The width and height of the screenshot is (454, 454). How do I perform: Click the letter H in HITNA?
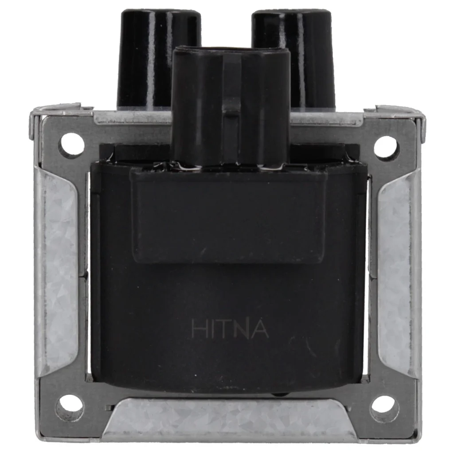pos(199,329)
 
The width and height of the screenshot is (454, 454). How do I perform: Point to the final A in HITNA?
pos(260,329)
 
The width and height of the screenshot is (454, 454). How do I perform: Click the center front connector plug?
pos(231,107)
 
